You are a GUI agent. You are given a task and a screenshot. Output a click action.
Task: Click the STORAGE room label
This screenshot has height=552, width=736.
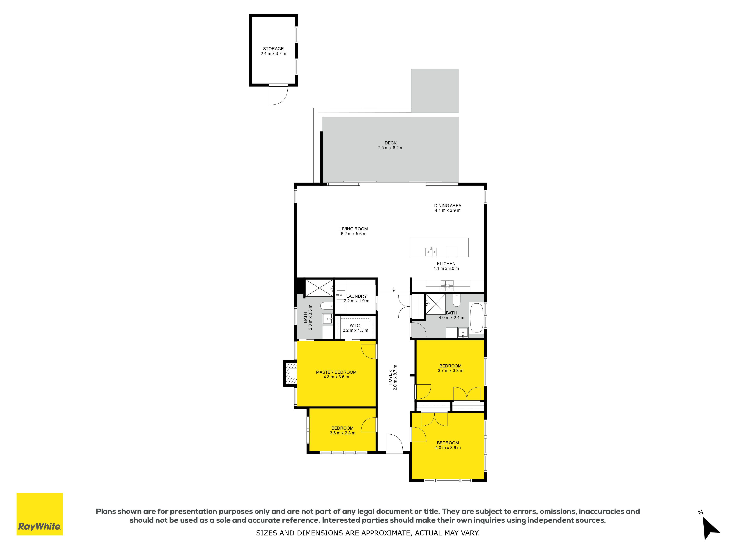pyautogui.click(x=273, y=49)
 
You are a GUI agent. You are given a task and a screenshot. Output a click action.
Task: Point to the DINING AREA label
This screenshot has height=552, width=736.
pyautogui.click(x=447, y=206)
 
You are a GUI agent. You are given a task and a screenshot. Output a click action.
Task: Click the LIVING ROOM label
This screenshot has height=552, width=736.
pyautogui.click(x=353, y=229)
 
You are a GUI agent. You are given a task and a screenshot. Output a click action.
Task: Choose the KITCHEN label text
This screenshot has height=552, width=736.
pyautogui.click(x=446, y=263)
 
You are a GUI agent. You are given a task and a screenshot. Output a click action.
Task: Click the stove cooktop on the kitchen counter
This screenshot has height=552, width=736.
pyautogui.click(x=447, y=284)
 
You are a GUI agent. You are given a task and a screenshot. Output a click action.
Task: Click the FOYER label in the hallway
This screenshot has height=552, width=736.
pyautogui.click(x=390, y=378)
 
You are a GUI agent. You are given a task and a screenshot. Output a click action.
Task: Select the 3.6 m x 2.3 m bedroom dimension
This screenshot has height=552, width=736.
pyautogui.click(x=342, y=433)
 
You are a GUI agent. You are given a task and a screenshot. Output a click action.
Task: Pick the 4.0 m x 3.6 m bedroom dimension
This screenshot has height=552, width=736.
pyautogui.click(x=448, y=447)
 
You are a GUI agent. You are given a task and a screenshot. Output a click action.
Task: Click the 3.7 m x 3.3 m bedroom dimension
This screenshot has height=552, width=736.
pyautogui.click(x=450, y=370)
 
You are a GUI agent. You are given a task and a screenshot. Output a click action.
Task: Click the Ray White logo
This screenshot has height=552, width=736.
pyautogui.click(x=40, y=514)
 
